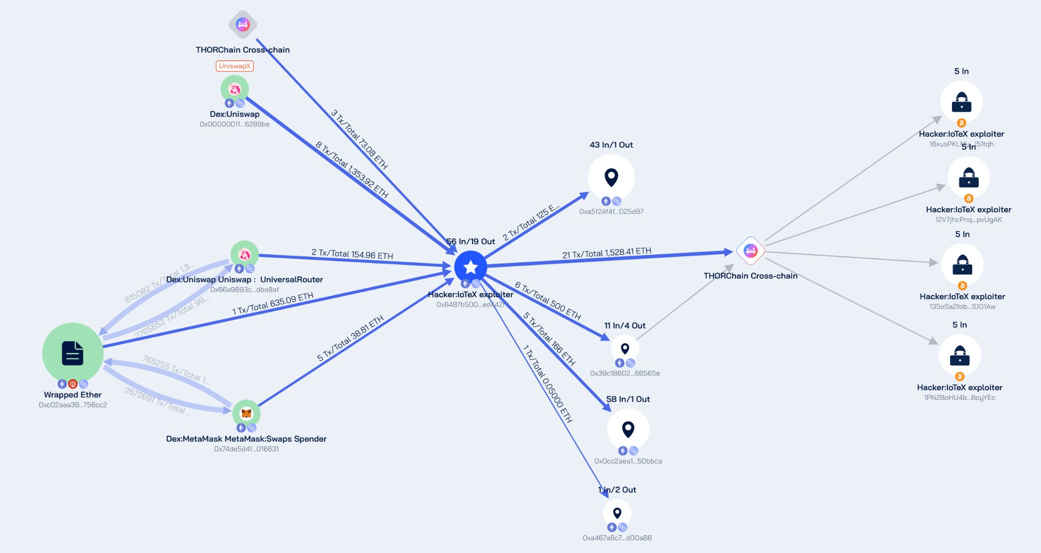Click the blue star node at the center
470,267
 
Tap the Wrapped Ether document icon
72,353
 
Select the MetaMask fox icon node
246,413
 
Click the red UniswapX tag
235,66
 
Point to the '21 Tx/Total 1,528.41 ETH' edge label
606,253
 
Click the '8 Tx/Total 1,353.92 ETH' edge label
352,170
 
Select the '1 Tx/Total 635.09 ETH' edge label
273,303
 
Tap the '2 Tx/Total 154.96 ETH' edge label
352,254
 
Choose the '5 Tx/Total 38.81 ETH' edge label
350,338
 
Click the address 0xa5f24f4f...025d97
611,211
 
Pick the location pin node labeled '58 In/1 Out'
628,429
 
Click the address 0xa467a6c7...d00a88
617,538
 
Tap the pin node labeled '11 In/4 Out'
625,349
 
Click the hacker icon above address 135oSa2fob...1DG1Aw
962,264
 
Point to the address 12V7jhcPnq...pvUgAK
968,219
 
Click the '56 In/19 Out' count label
470,242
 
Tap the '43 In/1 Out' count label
611,145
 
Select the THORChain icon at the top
243,24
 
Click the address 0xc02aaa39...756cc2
73,405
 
